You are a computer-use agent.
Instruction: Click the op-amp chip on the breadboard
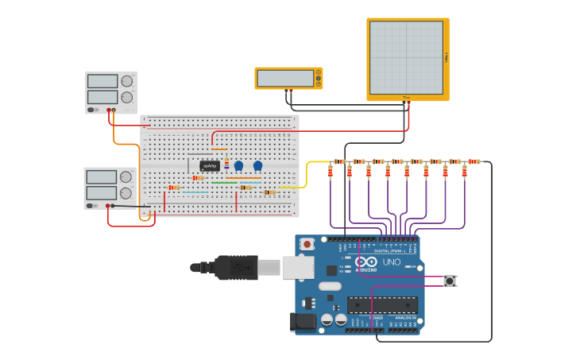click(x=210, y=166)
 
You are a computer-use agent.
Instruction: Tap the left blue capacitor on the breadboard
click(x=238, y=165)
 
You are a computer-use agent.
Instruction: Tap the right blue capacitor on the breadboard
click(x=257, y=165)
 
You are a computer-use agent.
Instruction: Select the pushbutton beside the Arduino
click(x=450, y=281)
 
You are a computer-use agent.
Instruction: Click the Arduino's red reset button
click(x=307, y=245)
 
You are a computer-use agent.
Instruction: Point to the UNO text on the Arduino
click(x=392, y=262)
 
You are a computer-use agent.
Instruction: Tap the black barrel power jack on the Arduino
click(x=303, y=322)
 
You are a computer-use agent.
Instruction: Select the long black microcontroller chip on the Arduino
click(x=382, y=305)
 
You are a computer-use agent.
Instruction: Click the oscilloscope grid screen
click(x=406, y=57)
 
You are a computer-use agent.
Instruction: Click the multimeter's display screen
click(x=285, y=79)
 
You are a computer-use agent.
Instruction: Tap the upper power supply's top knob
click(x=126, y=81)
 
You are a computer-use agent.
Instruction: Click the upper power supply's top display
click(x=102, y=81)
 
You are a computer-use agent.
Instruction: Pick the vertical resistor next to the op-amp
click(x=226, y=164)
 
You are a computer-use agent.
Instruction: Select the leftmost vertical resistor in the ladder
click(x=331, y=172)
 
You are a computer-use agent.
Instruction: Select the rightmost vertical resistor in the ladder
click(x=464, y=172)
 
